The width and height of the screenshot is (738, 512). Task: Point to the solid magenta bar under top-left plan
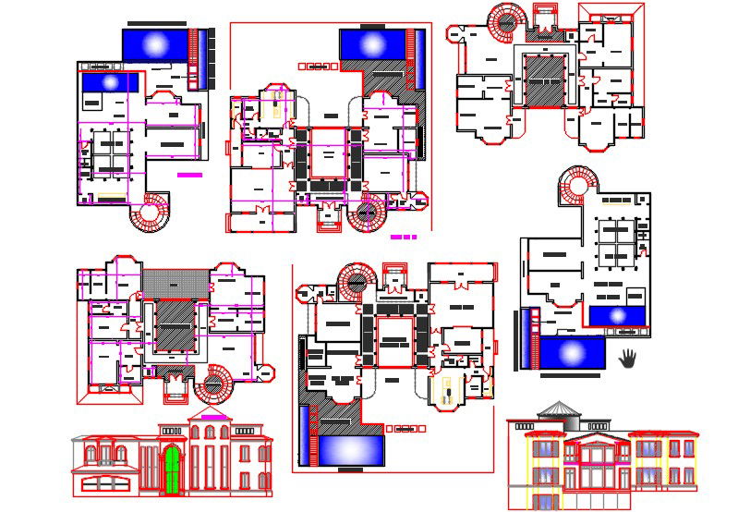point(189,174)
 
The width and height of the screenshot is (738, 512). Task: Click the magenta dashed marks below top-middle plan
point(404,238)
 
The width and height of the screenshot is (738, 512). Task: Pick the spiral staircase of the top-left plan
point(149,213)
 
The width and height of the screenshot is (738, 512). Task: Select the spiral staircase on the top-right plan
point(505,20)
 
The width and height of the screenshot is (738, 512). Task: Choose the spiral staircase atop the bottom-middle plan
point(357,282)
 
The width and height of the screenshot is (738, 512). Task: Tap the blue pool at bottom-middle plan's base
point(349,450)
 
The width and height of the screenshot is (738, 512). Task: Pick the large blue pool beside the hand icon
point(571,353)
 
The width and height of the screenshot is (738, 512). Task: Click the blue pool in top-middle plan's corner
point(373,43)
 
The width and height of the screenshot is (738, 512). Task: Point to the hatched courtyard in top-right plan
point(545,80)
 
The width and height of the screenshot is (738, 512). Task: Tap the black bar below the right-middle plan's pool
point(570,376)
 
